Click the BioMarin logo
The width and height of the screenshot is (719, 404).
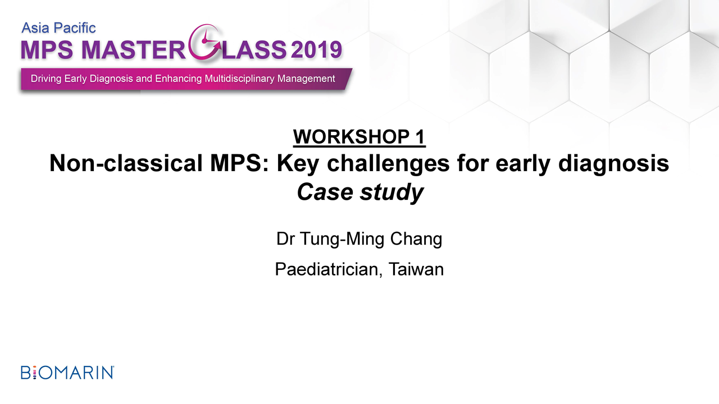pos(67,373)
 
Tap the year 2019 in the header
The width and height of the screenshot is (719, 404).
pos(316,50)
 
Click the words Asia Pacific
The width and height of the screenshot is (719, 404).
pos(59,28)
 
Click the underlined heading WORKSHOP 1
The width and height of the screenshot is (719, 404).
pos(359,137)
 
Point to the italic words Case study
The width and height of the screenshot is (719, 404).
pos(360,192)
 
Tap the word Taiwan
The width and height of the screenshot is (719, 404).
pos(416,269)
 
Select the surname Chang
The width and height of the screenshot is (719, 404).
pos(416,239)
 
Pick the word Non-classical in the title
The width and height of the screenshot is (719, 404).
pos(126,163)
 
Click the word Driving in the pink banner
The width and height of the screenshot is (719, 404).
pos(46,79)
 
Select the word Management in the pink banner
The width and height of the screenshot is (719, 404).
pos(306,79)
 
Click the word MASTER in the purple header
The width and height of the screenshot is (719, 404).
pos(134,50)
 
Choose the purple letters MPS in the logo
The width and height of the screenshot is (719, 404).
pos(47,50)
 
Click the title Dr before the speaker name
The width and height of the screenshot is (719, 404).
pos(285,239)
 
